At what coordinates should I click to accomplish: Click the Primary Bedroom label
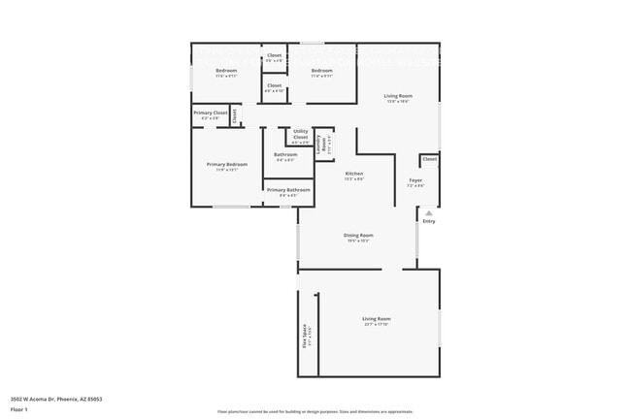[226, 165]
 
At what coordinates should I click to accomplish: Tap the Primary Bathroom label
[288, 189]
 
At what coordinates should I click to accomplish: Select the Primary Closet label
[211, 113]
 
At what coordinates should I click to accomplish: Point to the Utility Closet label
[300, 134]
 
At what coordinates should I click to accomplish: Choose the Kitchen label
[354, 173]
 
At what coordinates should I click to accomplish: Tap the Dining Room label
[358, 235]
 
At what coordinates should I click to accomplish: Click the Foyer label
[415, 179]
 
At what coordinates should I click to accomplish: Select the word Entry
[429, 221]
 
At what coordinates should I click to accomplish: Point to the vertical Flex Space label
[305, 335]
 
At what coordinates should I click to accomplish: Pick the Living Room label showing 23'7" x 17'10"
[377, 319]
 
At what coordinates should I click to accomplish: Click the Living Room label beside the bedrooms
[398, 96]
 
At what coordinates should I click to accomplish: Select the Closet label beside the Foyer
[429, 158]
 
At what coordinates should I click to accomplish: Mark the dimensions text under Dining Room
[358, 241]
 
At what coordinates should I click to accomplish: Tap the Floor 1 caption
[19, 409]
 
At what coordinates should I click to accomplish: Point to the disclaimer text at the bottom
[315, 411]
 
